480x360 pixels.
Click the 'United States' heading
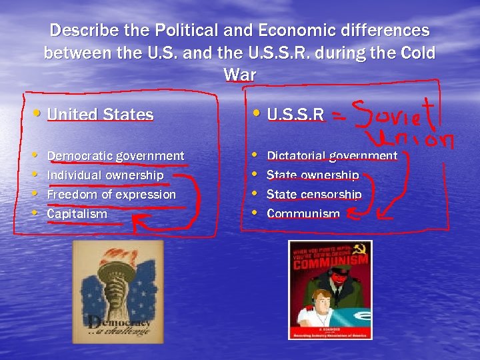coord(100,115)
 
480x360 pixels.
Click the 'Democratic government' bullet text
coord(115,156)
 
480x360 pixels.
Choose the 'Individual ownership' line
coord(105,175)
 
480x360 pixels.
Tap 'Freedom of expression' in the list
coord(111,195)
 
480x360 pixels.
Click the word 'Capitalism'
coord(77,214)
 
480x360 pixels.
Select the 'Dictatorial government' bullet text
coord(332,156)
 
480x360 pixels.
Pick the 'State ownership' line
coord(313,175)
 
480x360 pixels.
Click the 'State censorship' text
coord(314,195)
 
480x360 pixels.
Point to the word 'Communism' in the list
coord(303,214)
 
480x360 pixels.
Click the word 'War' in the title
coord(240,75)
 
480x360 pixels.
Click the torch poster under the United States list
coord(118,292)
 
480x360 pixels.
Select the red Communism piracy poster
coord(330,290)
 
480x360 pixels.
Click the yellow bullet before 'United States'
coord(40,113)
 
